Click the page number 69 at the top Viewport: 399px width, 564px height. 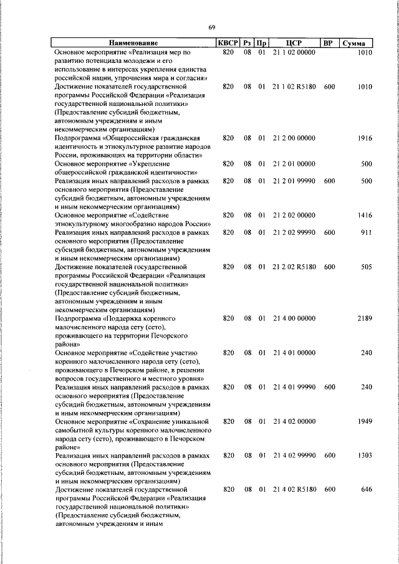[x=212, y=27]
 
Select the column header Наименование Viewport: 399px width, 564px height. [x=133, y=43]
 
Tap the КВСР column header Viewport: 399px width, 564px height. [x=227, y=43]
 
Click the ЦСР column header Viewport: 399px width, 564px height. [x=294, y=43]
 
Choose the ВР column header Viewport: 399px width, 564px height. [x=329, y=43]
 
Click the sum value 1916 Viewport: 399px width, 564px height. [x=364, y=138]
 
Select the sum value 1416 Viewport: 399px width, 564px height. [x=364, y=215]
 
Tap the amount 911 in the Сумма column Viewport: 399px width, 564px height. [x=366, y=232]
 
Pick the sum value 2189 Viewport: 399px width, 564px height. [x=364, y=318]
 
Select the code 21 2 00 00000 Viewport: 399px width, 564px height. [x=294, y=138]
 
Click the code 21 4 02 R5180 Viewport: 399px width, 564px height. [x=294, y=490]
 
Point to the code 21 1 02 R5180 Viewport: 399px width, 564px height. [x=294, y=87]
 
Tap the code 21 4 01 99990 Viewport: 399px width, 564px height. [x=294, y=387]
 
